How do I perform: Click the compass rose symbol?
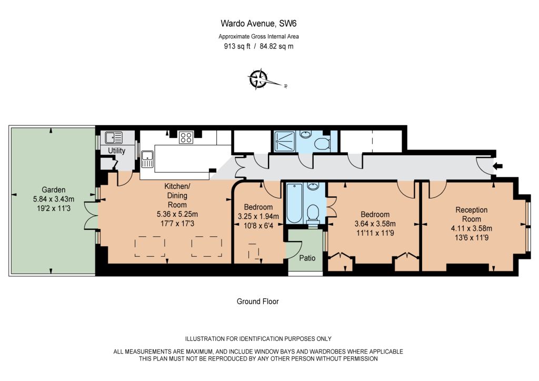pos(258,79)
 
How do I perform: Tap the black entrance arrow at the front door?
pos(498,166)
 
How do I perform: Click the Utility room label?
pos(116,151)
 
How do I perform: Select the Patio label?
pos(307,258)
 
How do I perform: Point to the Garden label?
pos(53,189)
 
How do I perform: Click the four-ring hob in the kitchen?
pos(186,137)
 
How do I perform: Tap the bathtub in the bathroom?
pos(294,203)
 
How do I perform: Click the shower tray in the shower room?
pos(285,141)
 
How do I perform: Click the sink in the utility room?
pos(114,138)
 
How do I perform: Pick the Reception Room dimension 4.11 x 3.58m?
pos(471,228)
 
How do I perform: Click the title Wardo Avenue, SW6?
pos(258,23)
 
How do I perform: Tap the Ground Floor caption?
pos(258,302)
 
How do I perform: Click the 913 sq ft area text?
pos(237,46)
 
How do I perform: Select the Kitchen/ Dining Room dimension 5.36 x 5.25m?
pos(177,214)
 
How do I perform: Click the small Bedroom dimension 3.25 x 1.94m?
pos(258,216)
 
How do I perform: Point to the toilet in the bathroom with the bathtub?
pos(313,213)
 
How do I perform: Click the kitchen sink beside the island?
pos(147,159)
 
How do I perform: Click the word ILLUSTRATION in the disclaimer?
pos(205,339)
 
